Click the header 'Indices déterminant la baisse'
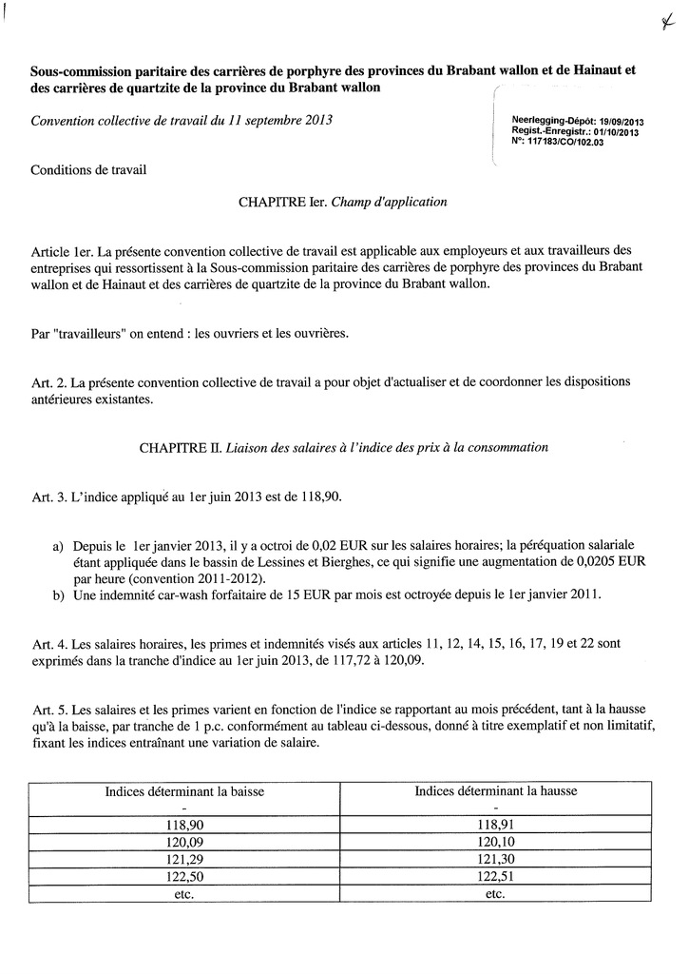tap(184, 790)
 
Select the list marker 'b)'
tap(59, 594)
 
